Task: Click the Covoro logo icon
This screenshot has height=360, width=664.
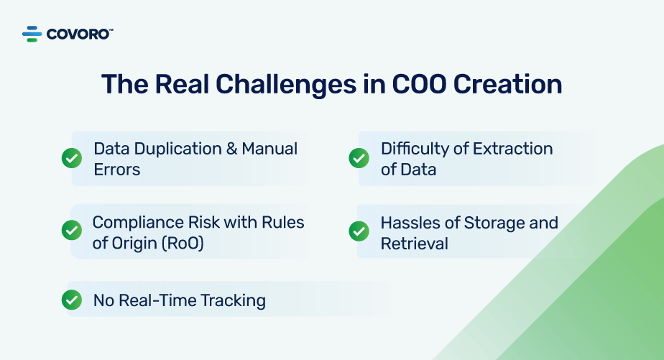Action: [32, 34]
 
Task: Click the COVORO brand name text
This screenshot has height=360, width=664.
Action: [79, 34]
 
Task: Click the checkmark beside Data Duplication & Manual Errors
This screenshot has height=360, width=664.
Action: [71, 158]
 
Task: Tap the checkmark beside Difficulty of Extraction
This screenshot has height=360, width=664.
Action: [359, 158]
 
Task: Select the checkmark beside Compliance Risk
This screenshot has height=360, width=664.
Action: [71, 231]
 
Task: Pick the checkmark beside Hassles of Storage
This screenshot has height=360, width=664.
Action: [359, 231]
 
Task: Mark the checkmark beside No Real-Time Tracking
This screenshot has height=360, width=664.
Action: [71, 300]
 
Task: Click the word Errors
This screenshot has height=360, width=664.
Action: [116, 170]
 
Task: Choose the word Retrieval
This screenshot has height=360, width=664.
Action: [414, 243]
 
